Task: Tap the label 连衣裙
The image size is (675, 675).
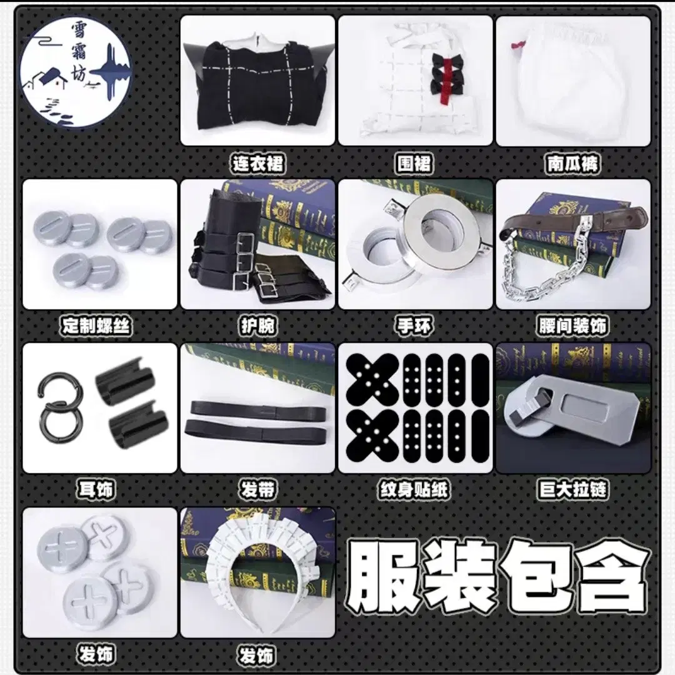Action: [257, 164]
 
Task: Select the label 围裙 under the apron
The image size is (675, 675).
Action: [414, 164]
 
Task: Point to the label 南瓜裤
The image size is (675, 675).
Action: [572, 164]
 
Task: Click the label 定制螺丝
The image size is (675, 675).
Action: [96, 326]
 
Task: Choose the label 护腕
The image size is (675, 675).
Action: [257, 326]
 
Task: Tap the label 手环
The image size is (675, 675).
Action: [414, 326]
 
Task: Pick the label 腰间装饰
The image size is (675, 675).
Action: [572, 326]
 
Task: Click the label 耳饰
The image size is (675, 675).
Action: [96, 489]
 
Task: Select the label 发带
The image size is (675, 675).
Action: [257, 489]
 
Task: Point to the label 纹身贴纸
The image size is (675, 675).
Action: [414, 489]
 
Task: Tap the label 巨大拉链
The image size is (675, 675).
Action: [572, 489]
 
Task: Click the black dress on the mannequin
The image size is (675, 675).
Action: [257, 86]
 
